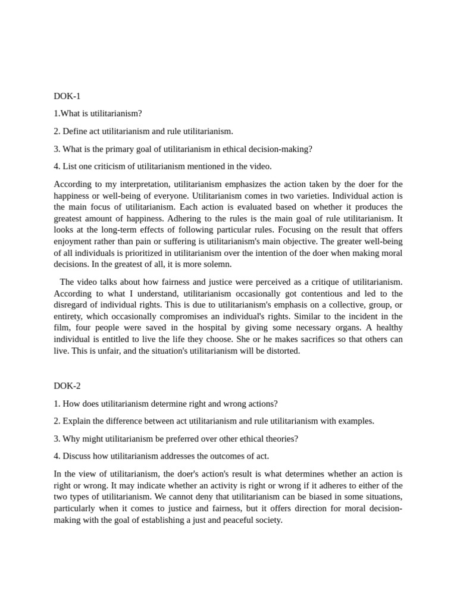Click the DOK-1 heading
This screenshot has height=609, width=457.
67,95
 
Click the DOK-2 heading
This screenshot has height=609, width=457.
67,385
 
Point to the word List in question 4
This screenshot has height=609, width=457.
70,166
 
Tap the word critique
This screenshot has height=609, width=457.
314,282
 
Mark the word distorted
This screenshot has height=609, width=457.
281,351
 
